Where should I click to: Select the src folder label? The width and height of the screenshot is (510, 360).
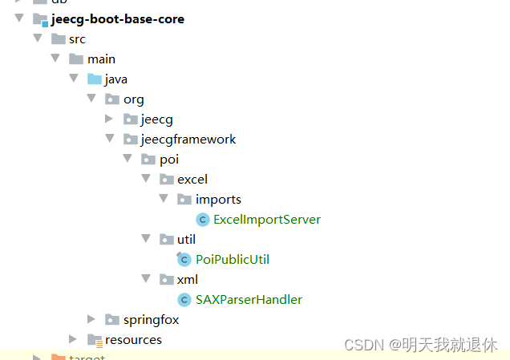(77, 39)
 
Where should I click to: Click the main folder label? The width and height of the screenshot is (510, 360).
(101, 59)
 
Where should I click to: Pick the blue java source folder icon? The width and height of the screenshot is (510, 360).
(95, 79)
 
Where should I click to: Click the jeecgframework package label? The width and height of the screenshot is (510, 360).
(188, 140)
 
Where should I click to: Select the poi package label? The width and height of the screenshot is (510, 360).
(169, 160)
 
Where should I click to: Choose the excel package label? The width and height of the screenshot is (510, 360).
(192, 180)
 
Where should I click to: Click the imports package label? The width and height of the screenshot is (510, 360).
(218, 200)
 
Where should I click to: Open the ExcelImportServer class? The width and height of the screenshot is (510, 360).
(267, 220)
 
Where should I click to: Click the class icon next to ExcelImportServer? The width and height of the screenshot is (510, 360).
(203, 220)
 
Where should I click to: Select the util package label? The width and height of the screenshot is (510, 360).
(186, 240)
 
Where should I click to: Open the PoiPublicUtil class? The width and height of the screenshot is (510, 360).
(233, 260)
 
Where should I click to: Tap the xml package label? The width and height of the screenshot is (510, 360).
(187, 280)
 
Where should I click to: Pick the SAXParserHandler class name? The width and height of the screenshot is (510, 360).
(249, 300)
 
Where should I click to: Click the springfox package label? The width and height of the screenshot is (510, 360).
(151, 320)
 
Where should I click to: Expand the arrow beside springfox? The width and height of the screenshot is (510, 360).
(91, 320)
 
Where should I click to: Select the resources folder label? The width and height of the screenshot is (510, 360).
(133, 340)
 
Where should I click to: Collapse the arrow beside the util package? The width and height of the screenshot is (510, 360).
(146, 240)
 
